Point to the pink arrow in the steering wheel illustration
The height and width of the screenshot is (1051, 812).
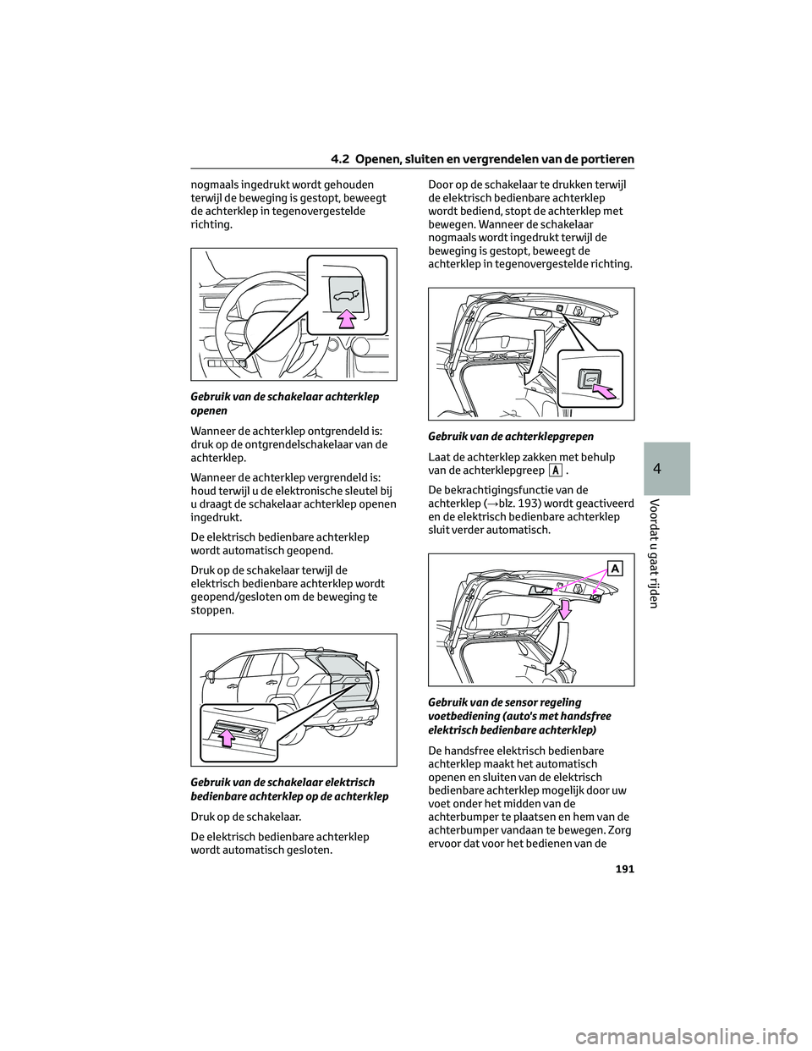point(345,318)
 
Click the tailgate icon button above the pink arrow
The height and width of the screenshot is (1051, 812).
point(345,295)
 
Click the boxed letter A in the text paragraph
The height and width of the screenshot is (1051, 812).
point(555,470)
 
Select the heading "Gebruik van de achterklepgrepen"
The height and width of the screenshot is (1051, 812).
point(511,437)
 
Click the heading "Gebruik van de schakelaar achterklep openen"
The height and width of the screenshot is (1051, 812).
point(284,403)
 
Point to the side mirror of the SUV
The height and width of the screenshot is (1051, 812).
point(209,676)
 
